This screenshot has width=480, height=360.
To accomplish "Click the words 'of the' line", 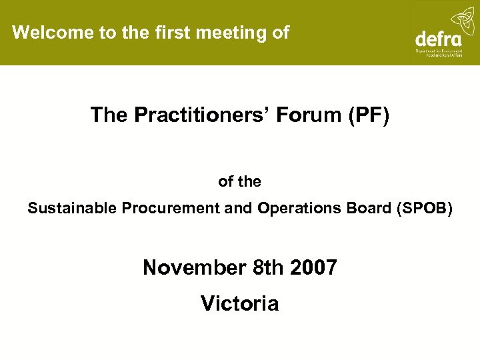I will tap(239, 181).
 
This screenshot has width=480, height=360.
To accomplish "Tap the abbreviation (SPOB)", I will tap(424, 208).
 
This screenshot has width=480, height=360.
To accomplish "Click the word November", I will tap(195, 267).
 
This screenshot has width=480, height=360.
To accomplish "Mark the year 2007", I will tap(313, 267).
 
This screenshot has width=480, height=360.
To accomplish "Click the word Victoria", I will tap(239, 303).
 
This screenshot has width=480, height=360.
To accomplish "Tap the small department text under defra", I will tap(443, 53).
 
